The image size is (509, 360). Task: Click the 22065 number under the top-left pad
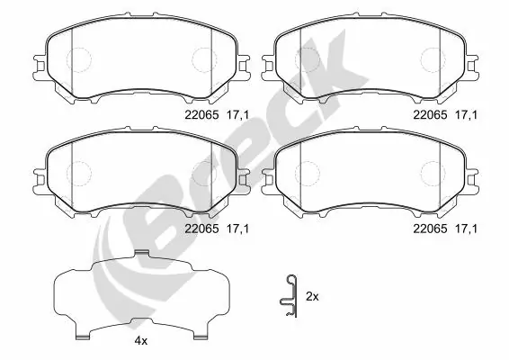pos(201,114)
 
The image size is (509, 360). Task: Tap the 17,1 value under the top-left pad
pos(238,114)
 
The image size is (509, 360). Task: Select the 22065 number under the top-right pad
pos(429,114)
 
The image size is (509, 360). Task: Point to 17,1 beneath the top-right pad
pos(467,114)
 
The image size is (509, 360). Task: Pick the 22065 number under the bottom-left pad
pos(201,229)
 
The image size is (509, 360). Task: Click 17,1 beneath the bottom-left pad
pos(238,229)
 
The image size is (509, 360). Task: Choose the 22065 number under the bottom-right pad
pos(429,229)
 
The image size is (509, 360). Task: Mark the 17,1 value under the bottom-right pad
pos(467,229)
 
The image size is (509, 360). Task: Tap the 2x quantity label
pos(312,295)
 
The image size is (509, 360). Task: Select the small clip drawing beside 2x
pos(287,294)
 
